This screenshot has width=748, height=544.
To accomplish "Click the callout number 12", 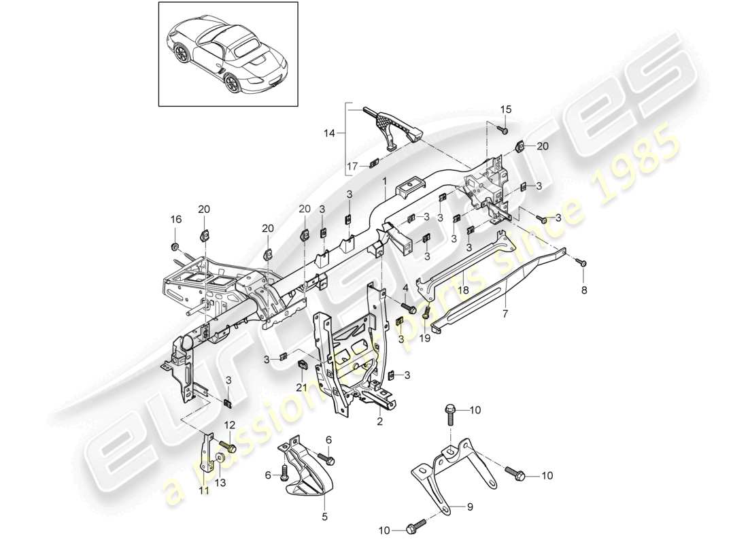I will click(228, 425).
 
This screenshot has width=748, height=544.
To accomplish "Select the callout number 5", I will click(324, 516).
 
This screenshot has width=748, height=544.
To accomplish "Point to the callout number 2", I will click(380, 422).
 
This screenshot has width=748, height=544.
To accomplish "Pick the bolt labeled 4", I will click(409, 308).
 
